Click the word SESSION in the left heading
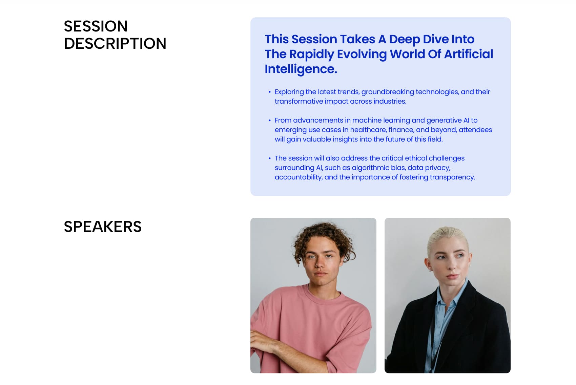[x=96, y=26]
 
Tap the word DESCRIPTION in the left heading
[x=115, y=43]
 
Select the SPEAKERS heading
[x=103, y=227]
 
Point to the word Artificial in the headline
[x=469, y=54]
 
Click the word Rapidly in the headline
[x=311, y=55]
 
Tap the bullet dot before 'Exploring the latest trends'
[x=269, y=92]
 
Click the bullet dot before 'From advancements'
[x=269, y=120]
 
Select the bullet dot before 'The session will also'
[x=269, y=158]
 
